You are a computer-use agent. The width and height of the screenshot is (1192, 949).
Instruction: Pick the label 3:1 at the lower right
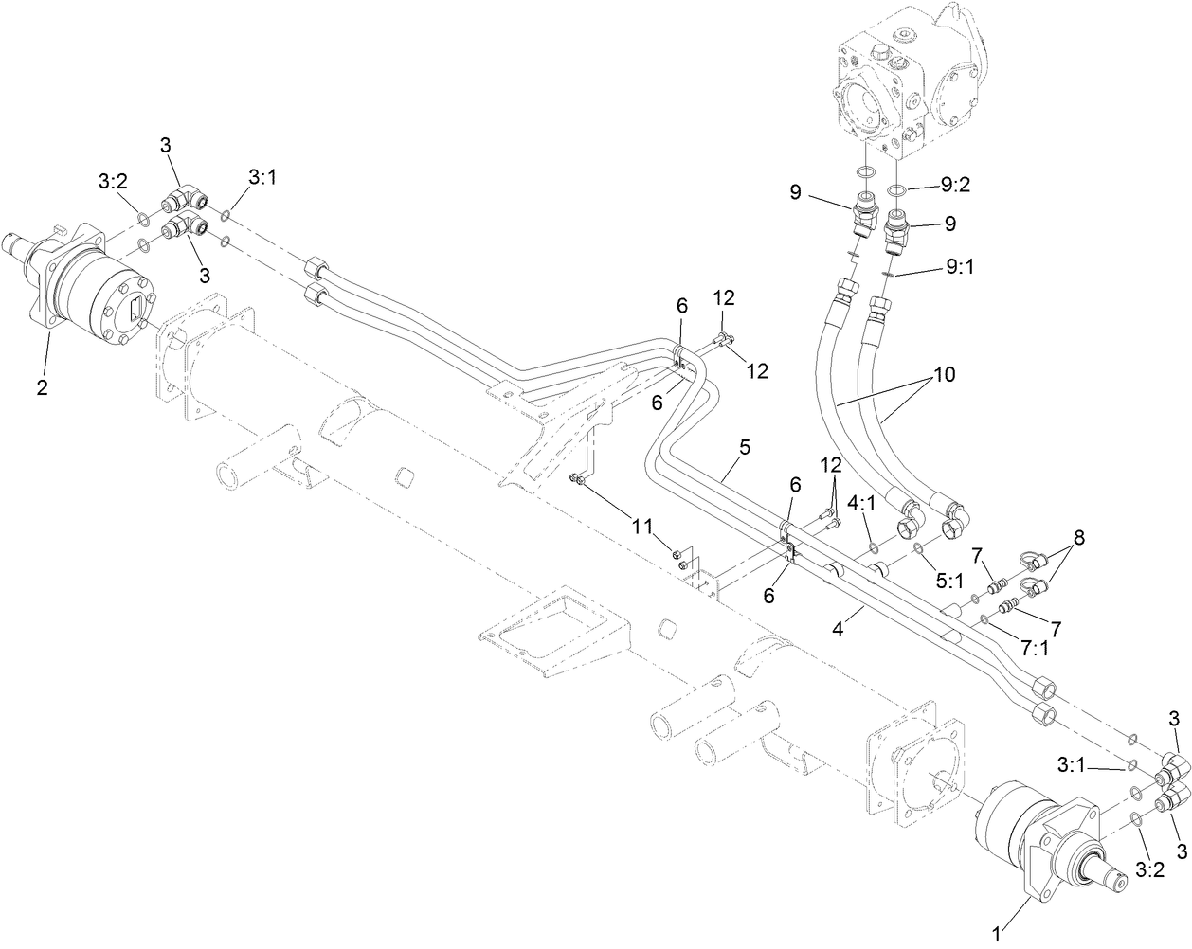(x=1075, y=762)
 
